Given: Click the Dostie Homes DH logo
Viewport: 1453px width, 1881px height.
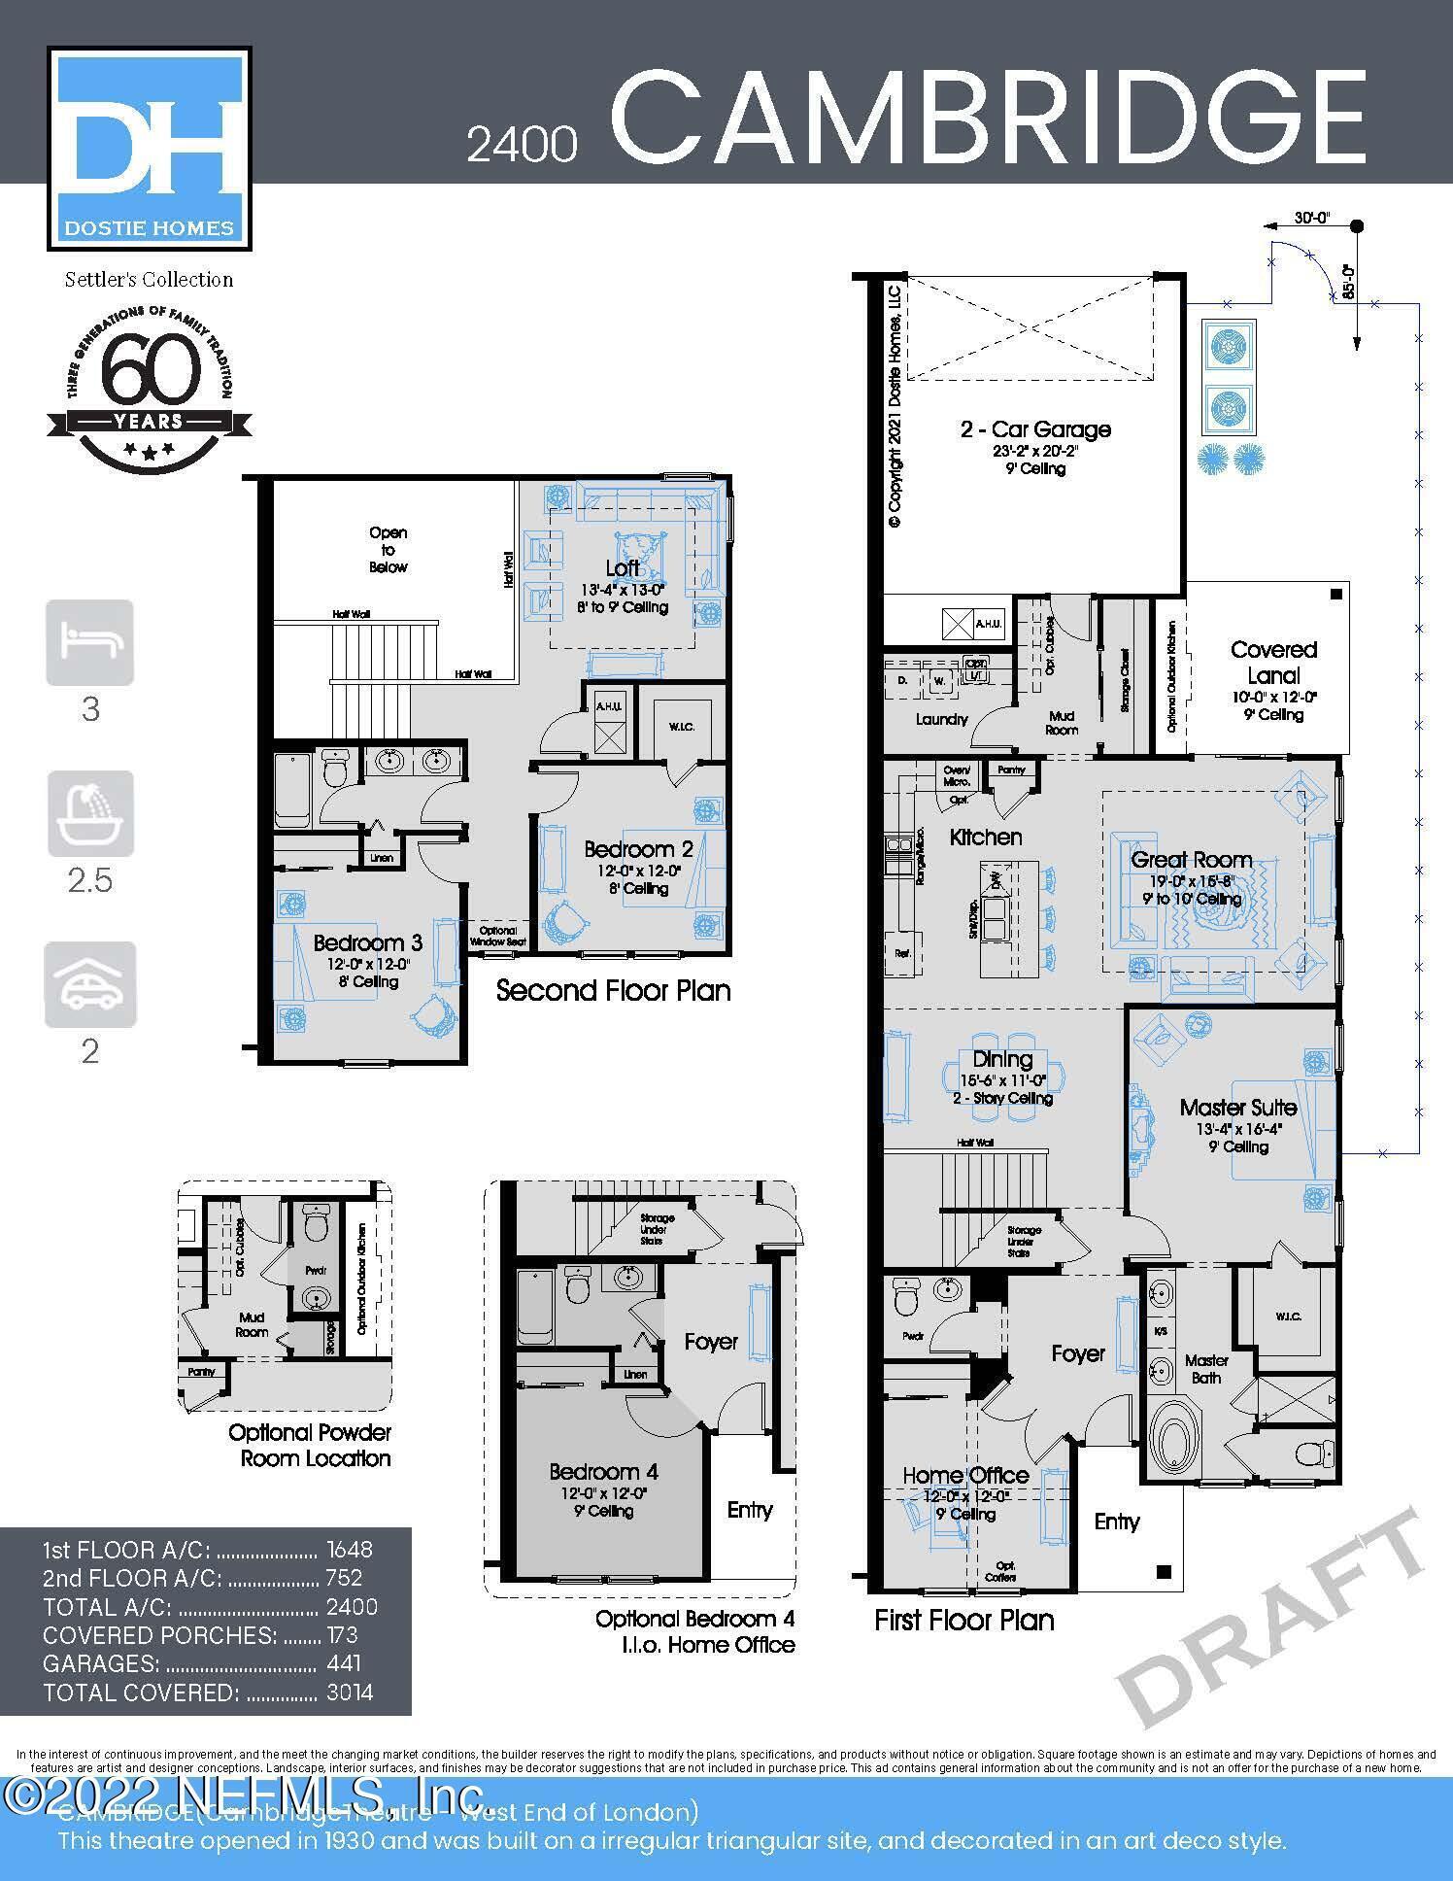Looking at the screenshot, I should pyautogui.click(x=150, y=148).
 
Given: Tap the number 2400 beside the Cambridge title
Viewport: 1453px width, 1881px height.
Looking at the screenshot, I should pyautogui.click(x=522, y=145).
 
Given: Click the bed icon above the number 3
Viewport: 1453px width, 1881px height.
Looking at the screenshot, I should pyautogui.click(x=90, y=642).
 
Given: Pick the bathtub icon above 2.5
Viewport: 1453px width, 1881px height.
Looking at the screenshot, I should pyautogui.click(x=90, y=813).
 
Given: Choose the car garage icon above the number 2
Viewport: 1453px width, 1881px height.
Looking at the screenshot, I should pyautogui.click(x=90, y=984).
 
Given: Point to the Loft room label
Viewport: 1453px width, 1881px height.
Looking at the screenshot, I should pyautogui.click(x=623, y=567).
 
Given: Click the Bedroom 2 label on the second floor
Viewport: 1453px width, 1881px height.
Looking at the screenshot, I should pyautogui.click(x=638, y=849).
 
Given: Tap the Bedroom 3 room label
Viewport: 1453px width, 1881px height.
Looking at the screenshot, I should pyautogui.click(x=367, y=942).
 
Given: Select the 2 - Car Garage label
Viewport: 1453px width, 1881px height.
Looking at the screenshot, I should pyautogui.click(x=1035, y=428).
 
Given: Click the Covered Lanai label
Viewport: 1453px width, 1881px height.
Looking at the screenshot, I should pyautogui.click(x=1273, y=663).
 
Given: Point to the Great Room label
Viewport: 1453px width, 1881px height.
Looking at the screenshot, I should pyautogui.click(x=1191, y=860).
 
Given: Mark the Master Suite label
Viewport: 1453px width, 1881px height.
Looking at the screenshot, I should pyautogui.click(x=1238, y=1107).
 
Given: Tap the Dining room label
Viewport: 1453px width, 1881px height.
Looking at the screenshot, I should pyautogui.click(x=1002, y=1059).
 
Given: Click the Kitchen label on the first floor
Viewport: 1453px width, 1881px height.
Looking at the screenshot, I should pyautogui.click(x=985, y=837).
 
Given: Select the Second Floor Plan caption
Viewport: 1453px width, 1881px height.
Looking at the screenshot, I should pyautogui.click(x=613, y=990).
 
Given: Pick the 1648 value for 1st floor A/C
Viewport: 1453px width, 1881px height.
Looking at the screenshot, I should pyautogui.click(x=350, y=1550).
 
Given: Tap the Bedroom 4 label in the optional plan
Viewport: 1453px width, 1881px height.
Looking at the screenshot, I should pyautogui.click(x=595, y=1472).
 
